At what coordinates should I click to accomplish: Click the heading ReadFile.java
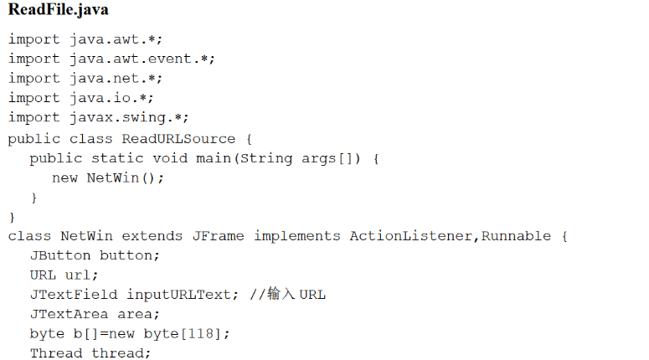tap(58, 11)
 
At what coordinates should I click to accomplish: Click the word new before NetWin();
tap(64, 177)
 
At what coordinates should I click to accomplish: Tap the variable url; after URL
tap(82, 275)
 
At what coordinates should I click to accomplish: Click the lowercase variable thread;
tap(121, 353)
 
